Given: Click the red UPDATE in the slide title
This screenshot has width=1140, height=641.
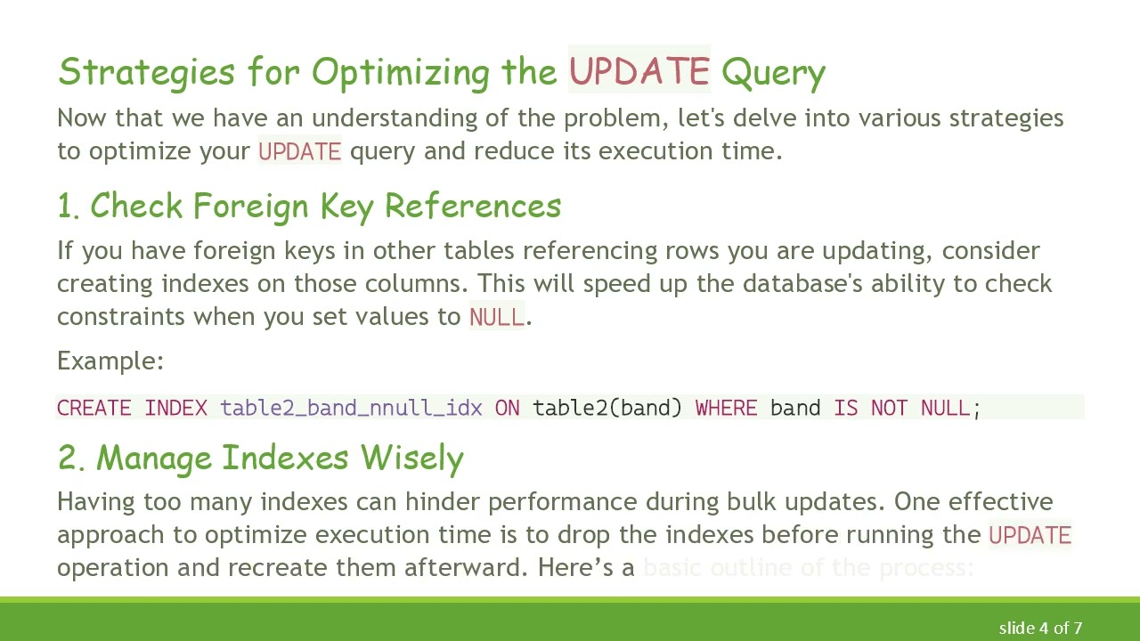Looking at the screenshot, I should [x=639, y=71].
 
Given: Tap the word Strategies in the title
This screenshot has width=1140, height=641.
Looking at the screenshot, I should [x=146, y=71].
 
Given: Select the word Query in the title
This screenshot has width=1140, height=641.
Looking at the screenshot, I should [x=773, y=73].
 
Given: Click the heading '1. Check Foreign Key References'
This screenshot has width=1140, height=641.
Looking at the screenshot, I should [x=309, y=206].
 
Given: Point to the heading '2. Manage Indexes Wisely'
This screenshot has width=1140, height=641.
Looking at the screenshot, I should [x=260, y=458].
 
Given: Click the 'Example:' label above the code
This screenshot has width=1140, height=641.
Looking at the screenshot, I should [x=110, y=361].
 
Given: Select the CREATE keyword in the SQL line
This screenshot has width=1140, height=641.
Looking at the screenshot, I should [x=94, y=408].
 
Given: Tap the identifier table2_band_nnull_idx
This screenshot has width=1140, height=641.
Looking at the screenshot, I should [x=351, y=408].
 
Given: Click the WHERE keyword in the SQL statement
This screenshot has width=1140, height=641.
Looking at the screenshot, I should [x=726, y=408].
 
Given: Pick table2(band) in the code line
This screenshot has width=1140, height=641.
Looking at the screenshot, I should [x=607, y=408].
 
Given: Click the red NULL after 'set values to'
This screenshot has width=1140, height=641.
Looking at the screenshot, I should [x=496, y=317].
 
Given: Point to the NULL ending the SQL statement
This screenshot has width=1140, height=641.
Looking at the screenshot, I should [x=945, y=408].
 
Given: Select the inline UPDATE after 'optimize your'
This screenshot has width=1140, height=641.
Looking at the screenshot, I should [x=299, y=151].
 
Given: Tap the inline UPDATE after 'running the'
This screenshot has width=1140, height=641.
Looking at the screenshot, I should [x=1030, y=535].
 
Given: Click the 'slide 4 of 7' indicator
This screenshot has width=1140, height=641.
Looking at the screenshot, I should [x=1040, y=629].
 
